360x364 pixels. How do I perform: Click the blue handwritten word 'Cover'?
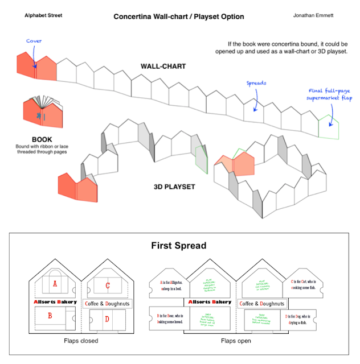coord(34,41)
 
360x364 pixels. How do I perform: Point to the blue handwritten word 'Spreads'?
coord(256,83)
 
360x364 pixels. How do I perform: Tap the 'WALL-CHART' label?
coord(163,67)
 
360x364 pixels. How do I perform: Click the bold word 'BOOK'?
coord(42,139)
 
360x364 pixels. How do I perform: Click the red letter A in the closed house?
coord(55,283)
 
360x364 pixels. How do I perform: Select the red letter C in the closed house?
coord(107,286)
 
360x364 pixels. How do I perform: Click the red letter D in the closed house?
coord(107,318)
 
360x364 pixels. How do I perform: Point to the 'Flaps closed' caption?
coord(81,341)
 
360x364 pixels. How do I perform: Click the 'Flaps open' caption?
coord(236,341)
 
